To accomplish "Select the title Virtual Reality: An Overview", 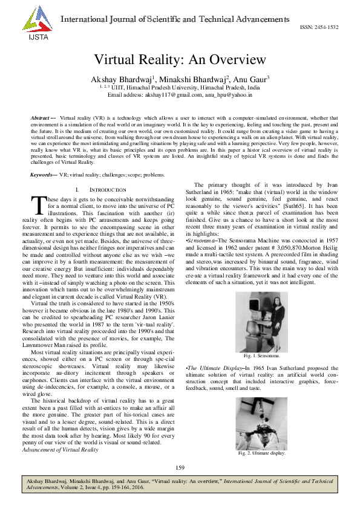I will click(180, 60).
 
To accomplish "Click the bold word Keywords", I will click(42, 157).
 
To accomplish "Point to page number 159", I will click(179, 468).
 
